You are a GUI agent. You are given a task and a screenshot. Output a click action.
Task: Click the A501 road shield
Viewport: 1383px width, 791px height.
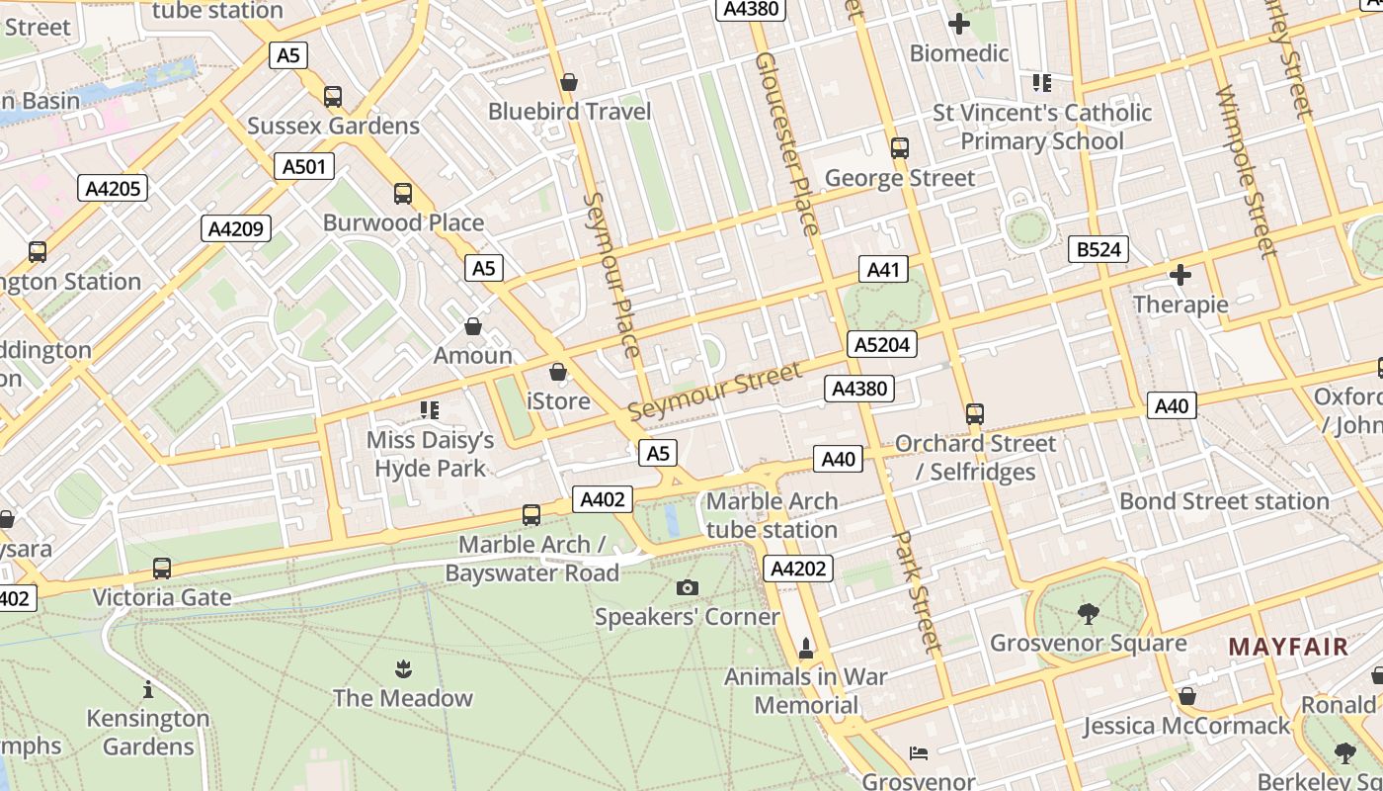303,166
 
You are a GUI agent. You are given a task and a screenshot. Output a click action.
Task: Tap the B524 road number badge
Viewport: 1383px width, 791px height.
1098,249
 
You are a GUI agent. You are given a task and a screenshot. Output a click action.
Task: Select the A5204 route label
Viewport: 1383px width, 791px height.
882,344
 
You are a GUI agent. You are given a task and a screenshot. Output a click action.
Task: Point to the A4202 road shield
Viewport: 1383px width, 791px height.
798,569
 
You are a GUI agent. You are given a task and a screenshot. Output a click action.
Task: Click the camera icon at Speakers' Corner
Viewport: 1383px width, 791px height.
688,588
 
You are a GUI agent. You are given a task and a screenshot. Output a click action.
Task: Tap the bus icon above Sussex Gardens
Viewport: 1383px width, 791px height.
333,97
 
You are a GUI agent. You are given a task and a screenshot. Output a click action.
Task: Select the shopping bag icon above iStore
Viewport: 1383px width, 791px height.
558,373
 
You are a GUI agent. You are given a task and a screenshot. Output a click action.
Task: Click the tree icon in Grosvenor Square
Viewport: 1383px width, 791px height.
1088,614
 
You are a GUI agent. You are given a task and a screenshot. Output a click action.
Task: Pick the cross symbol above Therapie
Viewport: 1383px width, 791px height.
1180,275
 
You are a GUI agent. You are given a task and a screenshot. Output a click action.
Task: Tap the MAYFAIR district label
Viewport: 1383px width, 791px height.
1288,648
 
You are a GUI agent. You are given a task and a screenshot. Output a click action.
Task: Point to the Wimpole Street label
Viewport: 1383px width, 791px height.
1246,170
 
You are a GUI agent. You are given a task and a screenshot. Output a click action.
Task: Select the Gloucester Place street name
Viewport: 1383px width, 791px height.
786,143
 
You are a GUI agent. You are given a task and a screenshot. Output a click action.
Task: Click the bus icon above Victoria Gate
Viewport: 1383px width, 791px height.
162,569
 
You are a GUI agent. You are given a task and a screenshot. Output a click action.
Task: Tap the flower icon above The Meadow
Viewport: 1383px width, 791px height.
402,669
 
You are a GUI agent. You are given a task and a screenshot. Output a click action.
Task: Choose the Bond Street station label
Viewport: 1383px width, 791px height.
1224,501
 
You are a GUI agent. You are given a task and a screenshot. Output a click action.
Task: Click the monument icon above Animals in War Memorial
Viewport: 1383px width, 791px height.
806,649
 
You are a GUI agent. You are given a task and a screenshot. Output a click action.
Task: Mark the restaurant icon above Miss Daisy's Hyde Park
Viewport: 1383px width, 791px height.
430,409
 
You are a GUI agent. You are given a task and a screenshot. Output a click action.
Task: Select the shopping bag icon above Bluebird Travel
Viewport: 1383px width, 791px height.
569,82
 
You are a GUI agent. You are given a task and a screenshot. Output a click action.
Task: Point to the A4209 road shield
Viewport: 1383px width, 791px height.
236,229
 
